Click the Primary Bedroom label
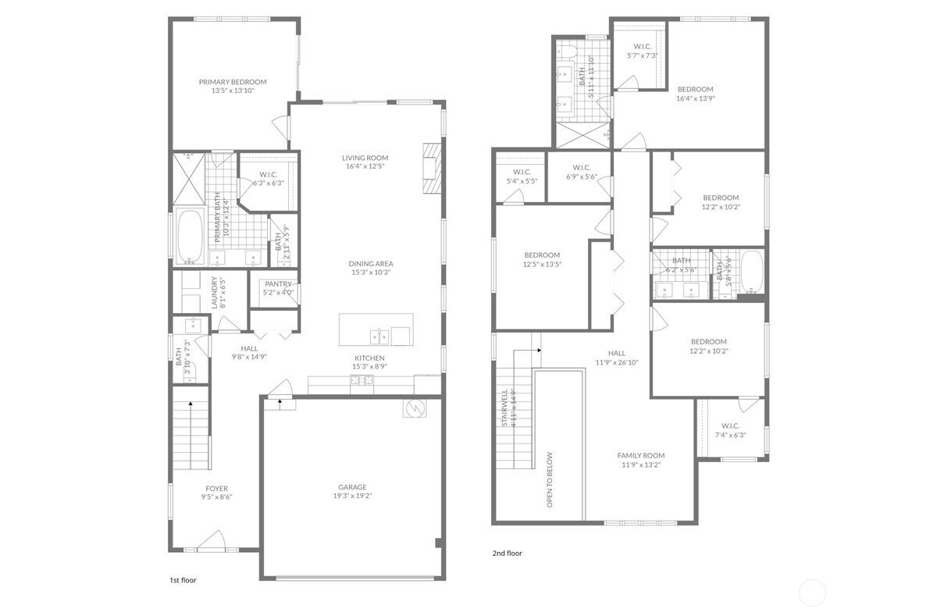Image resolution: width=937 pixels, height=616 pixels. [232, 82]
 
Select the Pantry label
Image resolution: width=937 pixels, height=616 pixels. [278, 284]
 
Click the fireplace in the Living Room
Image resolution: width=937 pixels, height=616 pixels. [432, 168]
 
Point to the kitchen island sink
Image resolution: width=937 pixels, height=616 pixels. [379, 337]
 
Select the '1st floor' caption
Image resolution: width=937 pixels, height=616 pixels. [183, 581]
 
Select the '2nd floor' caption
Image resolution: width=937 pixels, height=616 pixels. [507, 554]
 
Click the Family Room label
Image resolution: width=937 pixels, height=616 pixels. [640, 456]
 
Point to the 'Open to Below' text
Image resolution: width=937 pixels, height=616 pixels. [550, 479]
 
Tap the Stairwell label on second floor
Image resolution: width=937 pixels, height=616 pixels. [505, 408]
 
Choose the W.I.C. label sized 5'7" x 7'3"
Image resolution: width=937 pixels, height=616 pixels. [642, 47]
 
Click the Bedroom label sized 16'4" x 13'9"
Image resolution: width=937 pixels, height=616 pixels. [694, 89]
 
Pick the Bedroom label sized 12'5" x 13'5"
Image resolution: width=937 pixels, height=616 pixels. [542, 255]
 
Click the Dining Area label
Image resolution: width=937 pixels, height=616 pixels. [369, 263]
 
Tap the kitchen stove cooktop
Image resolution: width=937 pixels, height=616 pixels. [362, 380]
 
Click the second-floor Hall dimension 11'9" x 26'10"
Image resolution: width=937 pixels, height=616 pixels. [617, 362]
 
